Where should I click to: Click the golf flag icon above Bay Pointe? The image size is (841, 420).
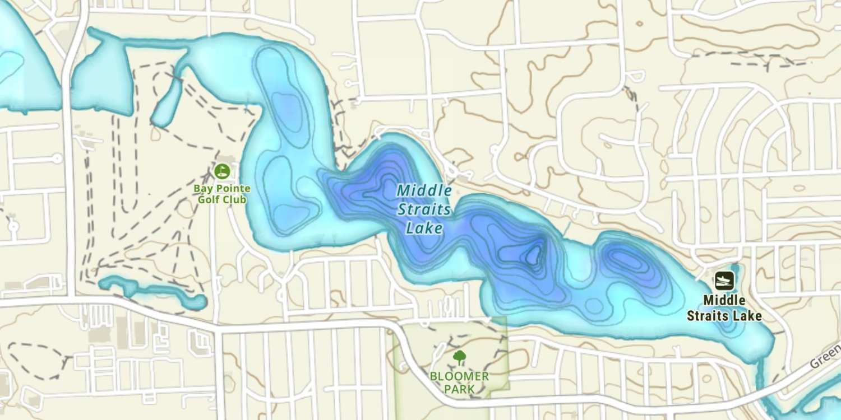coord(222,170)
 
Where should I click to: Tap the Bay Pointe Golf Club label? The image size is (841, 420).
coord(222,194)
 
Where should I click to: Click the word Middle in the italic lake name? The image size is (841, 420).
coord(424,190)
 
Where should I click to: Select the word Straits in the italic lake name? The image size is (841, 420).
coord(424,209)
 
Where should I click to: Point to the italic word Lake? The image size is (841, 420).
coord(424,228)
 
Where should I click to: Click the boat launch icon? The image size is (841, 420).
coord(724,280)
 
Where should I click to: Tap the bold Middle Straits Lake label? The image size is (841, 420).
coord(724,308)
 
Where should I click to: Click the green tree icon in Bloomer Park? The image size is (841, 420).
coord(459,357)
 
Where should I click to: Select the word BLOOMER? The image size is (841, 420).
coord(459,376)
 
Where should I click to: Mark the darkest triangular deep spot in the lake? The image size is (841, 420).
coord(533,255)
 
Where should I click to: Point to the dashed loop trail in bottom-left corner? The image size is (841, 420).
coord(35,361)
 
